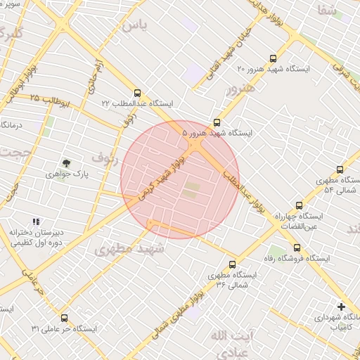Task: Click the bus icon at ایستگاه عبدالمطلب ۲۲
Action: click(x=137, y=92)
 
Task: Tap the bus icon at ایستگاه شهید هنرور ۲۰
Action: click(x=274, y=59)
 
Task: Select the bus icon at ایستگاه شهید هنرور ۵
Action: click(x=217, y=122)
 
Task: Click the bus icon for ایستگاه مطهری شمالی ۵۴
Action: click(x=340, y=169)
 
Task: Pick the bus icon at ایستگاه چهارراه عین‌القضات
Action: click(x=300, y=206)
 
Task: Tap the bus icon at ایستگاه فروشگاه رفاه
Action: click(x=297, y=247)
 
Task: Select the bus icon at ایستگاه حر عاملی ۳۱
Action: click(x=65, y=318)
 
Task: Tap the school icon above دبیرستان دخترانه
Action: click(x=37, y=221)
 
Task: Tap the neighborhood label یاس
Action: click(x=136, y=26)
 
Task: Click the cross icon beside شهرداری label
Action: click(x=341, y=307)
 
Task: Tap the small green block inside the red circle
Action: click(x=191, y=189)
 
